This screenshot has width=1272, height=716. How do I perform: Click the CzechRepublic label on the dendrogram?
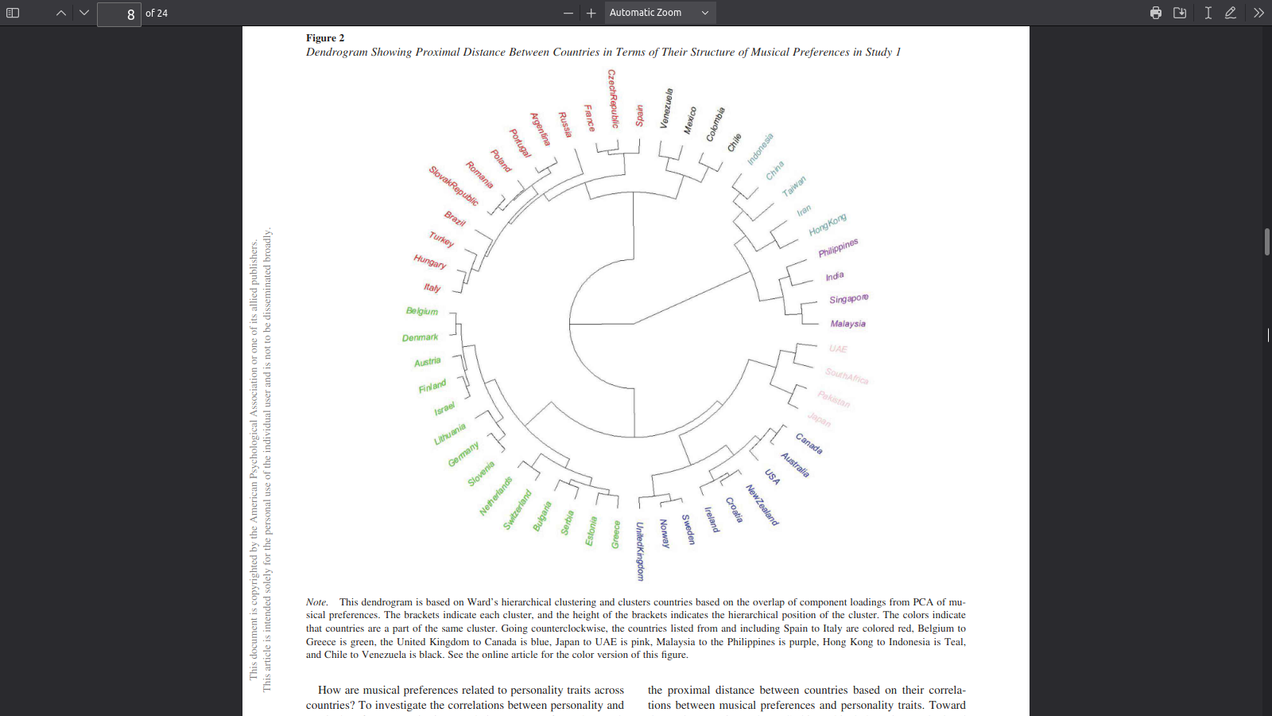(613, 99)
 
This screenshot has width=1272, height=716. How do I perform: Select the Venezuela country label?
(666, 108)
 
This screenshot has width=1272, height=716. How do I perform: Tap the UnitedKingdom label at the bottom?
(640, 551)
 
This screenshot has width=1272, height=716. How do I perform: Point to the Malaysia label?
(847, 324)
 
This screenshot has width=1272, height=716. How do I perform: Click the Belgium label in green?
(421, 311)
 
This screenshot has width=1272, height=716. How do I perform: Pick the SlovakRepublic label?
(454, 186)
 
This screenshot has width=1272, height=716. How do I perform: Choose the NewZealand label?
(762, 505)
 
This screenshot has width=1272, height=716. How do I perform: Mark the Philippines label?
(838, 247)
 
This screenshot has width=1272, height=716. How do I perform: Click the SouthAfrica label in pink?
(847, 376)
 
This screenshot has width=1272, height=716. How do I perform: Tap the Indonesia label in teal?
(760, 150)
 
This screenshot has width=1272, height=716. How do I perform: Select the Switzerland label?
(517, 510)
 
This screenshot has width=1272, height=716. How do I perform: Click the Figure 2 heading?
(325, 38)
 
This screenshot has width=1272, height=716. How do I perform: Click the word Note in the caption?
(316, 602)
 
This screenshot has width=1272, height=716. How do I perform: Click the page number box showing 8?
(119, 14)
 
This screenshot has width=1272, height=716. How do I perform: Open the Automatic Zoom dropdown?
(659, 13)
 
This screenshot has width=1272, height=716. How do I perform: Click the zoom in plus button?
(591, 13)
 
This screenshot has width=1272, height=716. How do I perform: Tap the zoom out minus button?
(568, 13)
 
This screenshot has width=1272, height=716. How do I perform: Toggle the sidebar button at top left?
(13, 13)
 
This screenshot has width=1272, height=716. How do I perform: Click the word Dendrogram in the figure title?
(336, 53)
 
